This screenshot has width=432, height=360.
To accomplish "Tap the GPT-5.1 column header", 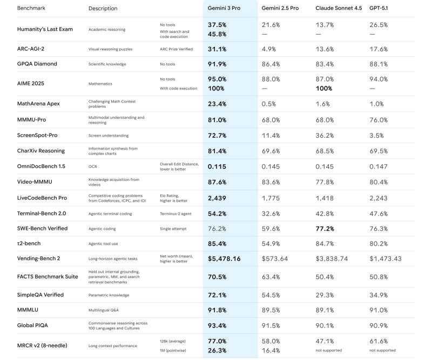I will tap(381, 9).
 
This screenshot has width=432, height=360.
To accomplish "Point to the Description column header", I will tap(103, 9).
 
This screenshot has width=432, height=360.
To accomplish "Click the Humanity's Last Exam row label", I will tap(45, 29).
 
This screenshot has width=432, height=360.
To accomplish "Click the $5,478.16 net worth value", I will tap(232, 259).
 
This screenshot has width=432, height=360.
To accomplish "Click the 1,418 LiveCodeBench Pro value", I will tap(326, 198).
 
